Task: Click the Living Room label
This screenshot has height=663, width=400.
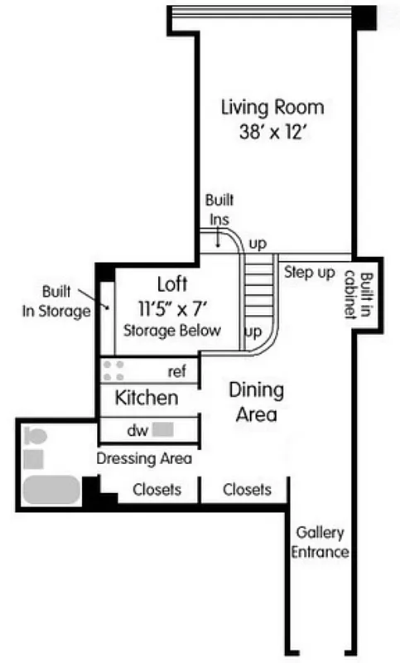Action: click(272, 108)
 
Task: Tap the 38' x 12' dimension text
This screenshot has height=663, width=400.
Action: click(272, 131)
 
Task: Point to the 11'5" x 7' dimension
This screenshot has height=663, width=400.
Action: click(171, 307)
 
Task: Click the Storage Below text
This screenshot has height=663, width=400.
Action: click(172, 331)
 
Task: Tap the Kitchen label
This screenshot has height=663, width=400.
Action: click(146, 398)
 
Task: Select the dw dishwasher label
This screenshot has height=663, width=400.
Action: click(137, 430)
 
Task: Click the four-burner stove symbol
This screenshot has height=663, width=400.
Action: click(113, 369)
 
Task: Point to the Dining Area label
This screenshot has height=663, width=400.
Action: click(256, 401)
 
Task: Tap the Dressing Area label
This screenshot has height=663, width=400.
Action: click(145, 458)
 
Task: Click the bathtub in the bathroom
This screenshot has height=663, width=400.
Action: click(51, 490)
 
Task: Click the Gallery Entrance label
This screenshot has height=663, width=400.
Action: click(320, 543)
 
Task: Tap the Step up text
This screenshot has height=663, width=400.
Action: click(309, 272)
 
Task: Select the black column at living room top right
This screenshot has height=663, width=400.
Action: click(364, 16)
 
